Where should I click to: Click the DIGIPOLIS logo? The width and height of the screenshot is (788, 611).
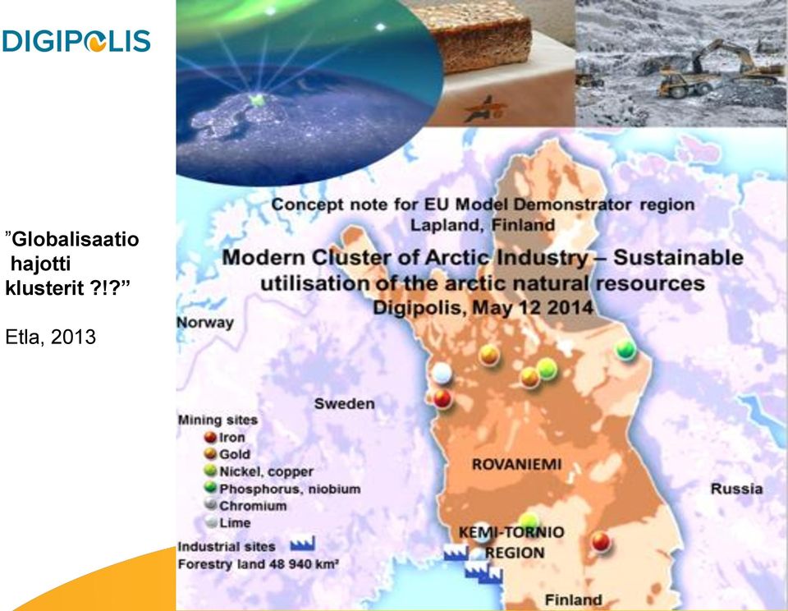coord(76,41)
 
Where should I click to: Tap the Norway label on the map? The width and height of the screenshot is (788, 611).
coord(205,323)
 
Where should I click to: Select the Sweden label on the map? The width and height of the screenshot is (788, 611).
coord(344,403)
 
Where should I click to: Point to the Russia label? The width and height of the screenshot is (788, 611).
coord(736,489)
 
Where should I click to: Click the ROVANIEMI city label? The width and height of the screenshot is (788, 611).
coord(516,464)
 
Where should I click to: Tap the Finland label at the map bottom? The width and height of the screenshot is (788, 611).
coord(574,600)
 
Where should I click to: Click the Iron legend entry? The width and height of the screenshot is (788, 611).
coord(225,437)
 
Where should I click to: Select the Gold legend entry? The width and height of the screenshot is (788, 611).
coord(227,454)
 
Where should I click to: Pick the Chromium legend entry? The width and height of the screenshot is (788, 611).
coord(245,505)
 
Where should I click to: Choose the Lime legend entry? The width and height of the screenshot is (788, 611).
coord(227,522)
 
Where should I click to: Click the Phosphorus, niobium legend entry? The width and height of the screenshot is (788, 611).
coord(282,489)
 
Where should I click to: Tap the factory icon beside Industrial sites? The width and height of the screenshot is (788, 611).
coord(303,544)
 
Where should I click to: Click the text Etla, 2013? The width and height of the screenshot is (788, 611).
coord(50,337)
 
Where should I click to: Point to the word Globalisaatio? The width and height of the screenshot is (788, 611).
coord(75,239)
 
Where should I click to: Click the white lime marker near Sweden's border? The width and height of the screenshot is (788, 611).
coord(442,373)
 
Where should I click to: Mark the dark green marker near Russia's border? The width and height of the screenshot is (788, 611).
coord(625,349)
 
